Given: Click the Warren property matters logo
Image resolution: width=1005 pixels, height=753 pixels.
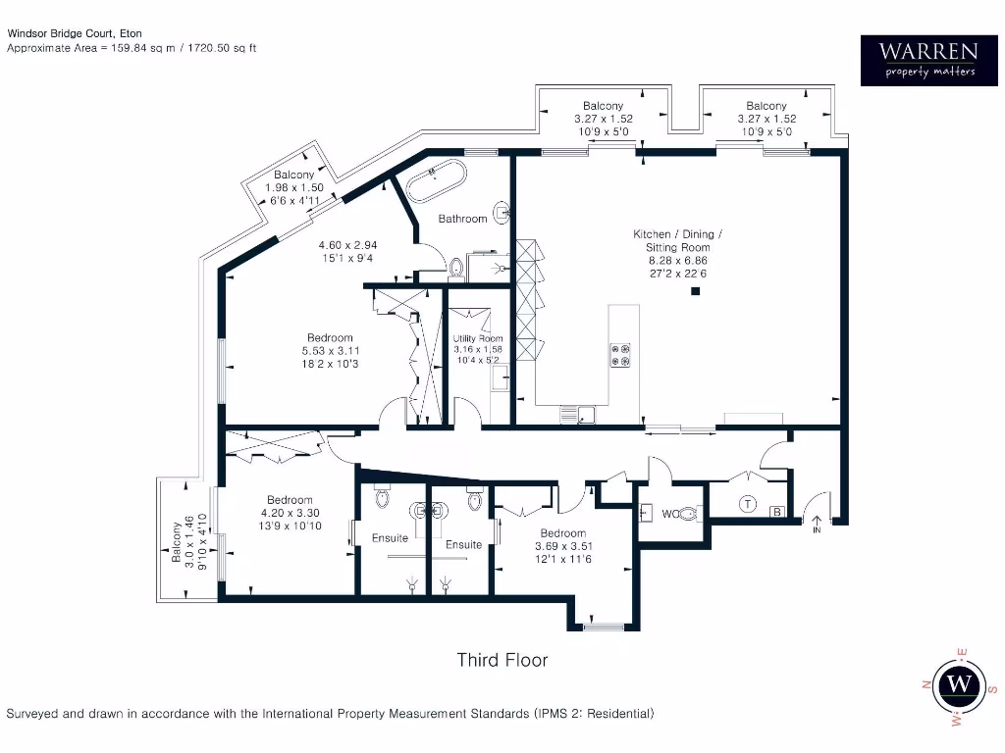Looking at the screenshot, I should [x=926, y=60].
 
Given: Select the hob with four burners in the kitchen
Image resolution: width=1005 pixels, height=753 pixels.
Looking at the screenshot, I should [x=621, y=355].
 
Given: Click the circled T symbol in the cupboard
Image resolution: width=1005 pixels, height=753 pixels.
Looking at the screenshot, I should [x=747, y=505].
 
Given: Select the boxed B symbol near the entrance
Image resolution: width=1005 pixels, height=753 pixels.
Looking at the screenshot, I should [x=776, y=511].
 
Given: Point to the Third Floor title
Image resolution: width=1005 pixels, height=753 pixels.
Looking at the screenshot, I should [x=502, y=660].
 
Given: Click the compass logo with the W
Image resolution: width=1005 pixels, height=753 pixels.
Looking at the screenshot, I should [x=963, y=683].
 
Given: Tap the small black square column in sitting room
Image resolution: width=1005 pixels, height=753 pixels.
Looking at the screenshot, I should [x=695, y=291].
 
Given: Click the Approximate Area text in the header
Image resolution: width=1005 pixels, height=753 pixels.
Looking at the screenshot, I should [x=132, y=47].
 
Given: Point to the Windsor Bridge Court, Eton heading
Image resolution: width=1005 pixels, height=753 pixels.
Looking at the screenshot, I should [x=75, y=33].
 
